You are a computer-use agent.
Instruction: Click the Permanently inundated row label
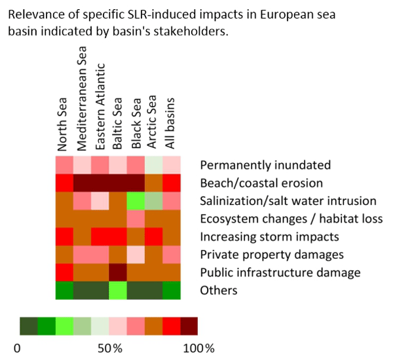265,165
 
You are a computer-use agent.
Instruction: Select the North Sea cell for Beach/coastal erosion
64,182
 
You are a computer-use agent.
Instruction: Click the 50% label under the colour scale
109,346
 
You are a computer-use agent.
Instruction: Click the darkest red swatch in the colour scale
189,325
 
